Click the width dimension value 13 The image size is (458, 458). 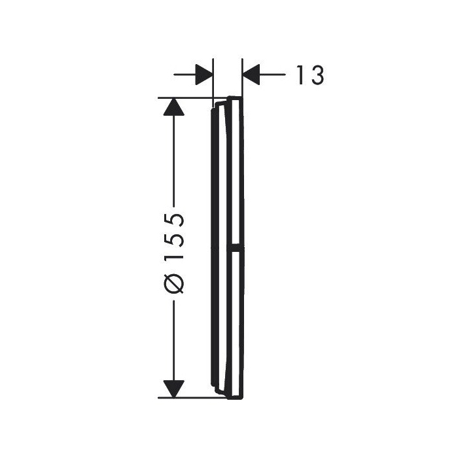pyautogui.click(x=310, y=75)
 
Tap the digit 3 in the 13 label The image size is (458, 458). pyautogui.click(x=317, y=75)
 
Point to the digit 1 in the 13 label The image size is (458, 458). pyautogui.click(x=300, y=75)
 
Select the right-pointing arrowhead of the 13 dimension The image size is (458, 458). pyautogui.click(x=204, y=75)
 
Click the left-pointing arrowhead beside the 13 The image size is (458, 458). pyautogui.click(x=251, y=75)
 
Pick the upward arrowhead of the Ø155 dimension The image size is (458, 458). pyautogui.click(x=174, y=107)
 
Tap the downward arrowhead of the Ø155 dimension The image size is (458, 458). pyautogui.click(x=174, y=389)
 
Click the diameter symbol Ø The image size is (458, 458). pyautogui.click(x=174, y=283)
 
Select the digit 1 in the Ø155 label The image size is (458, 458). pyautogui.click(x=174, y=256)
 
